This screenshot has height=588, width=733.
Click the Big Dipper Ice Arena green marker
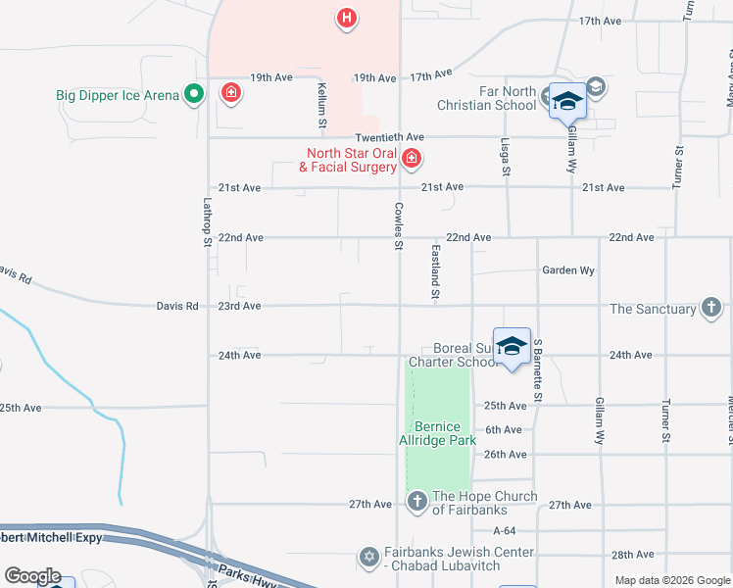coord(194,95)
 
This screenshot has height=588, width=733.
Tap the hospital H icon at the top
coord(345,18)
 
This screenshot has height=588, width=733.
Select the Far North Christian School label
coord(494,99)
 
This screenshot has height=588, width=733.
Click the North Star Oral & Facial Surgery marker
coord(412,157)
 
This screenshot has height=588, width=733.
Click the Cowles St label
coord(399,226)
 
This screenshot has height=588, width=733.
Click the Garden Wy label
coord(568,269)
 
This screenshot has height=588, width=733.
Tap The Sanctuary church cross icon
coord(712,309)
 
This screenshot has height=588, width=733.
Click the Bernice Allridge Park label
coord(445,433)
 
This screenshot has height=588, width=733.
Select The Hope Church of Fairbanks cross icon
coord(416,503)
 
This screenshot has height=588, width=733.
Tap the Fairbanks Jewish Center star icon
coord(368,558)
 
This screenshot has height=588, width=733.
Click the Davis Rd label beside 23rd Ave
coord(177,306)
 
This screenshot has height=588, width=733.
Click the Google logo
coord(32,576)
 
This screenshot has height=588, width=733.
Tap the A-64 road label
coord(505,530)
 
